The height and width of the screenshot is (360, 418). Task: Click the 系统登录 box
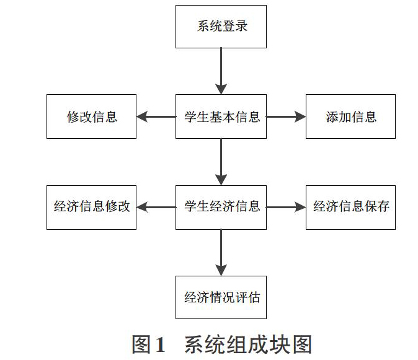click(221, 27)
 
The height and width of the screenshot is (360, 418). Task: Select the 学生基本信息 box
click(221, 116)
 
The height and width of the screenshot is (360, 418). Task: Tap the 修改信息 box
click(91, 116)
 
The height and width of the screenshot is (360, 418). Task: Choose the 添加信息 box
click(350, 116)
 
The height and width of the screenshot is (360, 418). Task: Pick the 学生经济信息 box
click(221, 208)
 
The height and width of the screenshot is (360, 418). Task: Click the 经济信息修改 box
click(91, 208)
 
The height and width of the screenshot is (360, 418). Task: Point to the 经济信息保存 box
click(350, 208)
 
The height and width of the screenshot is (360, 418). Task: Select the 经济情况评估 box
click(221, 297)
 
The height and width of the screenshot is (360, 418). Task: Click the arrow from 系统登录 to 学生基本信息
click(221, 71)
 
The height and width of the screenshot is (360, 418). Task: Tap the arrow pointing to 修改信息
click(156, 116)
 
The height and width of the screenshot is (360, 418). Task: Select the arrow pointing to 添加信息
click(286, 116)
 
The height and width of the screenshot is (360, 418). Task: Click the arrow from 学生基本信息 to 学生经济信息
click(221, 162)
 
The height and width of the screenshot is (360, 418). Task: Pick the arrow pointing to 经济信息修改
click(156, 207)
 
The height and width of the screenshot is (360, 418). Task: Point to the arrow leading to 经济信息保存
click(286, 207)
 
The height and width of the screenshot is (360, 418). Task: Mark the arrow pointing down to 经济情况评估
click(221, 253)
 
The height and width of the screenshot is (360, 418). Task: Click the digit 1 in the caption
click(160, 345)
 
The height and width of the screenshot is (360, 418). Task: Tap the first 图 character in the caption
click(141, 345)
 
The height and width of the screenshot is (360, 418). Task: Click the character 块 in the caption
click(280, 345)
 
